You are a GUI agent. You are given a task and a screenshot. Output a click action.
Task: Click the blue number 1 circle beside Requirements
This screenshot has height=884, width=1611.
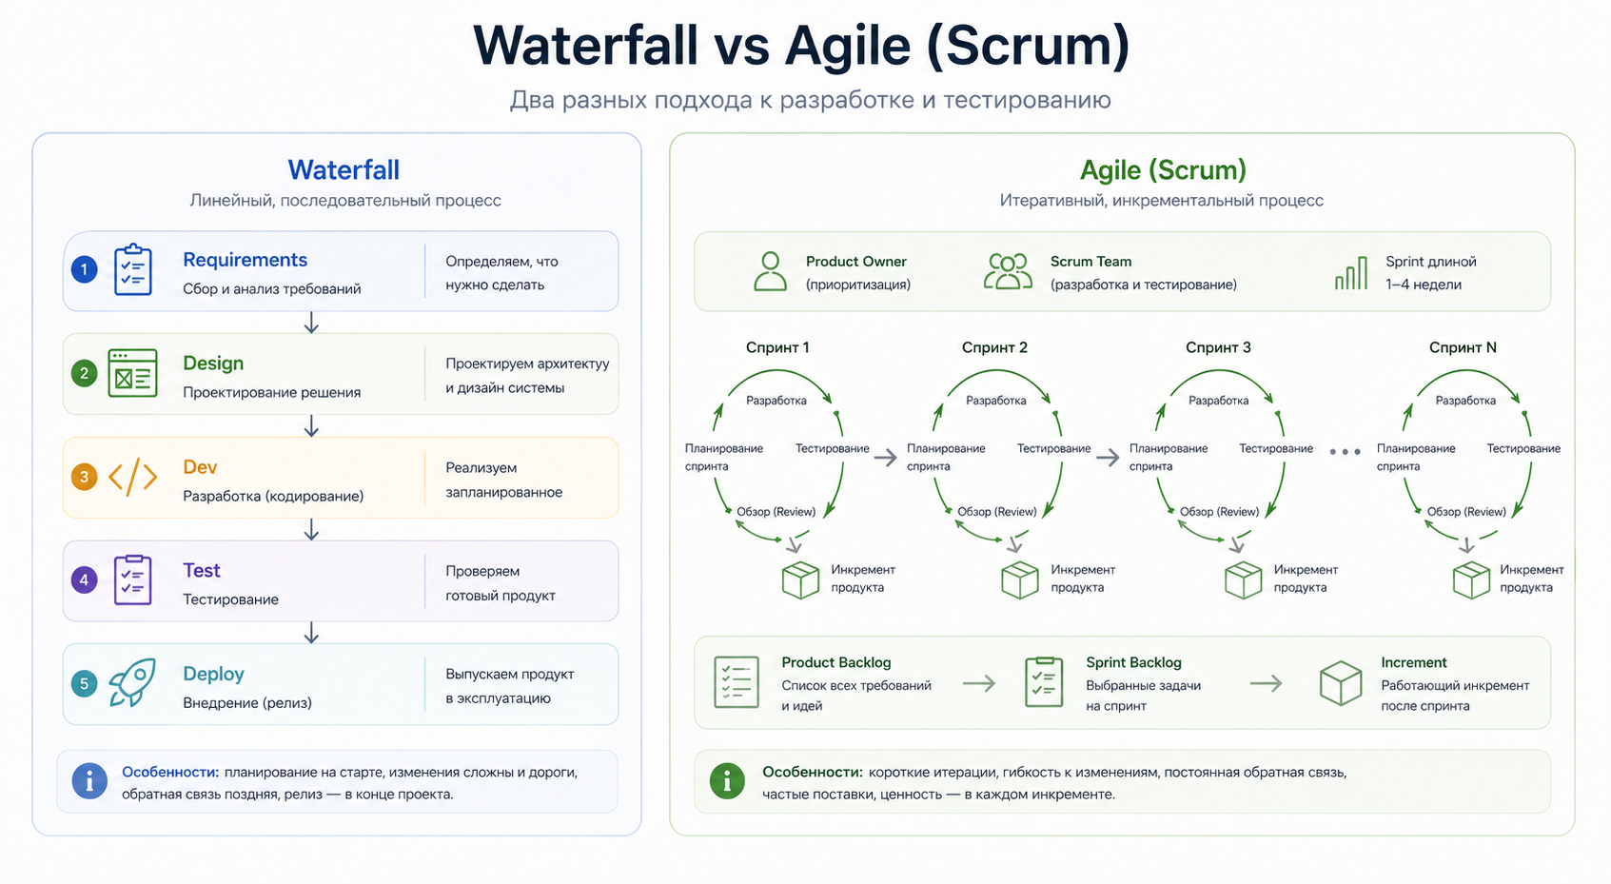coord(84,270)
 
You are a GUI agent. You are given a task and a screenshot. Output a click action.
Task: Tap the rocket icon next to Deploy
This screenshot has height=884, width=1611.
coord(132,682)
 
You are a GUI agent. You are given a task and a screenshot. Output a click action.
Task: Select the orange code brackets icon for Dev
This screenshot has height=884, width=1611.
coord(132,477)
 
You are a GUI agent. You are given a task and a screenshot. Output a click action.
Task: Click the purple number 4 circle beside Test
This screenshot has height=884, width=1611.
coord(84,580)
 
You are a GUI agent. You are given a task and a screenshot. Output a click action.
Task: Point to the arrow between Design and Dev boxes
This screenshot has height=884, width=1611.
coord(311,426)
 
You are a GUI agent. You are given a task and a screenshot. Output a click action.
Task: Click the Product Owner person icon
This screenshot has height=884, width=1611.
coord(770,271)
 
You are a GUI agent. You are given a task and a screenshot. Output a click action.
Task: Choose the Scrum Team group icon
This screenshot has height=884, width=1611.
coord(1008,271)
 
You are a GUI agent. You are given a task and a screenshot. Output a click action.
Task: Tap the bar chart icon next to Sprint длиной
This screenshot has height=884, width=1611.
coord(1351,273)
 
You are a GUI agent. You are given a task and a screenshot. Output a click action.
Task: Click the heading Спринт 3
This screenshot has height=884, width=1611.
coord(1218,347)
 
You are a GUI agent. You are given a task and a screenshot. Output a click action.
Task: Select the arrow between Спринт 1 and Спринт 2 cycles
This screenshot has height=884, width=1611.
coord(886,458)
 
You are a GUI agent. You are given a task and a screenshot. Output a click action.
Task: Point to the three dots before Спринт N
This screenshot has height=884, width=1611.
coord(1345,452)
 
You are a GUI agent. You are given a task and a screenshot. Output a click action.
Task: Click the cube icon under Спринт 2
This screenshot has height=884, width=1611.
coord(1020,580)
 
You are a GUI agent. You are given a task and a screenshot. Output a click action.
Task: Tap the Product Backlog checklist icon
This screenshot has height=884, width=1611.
coord(737,682)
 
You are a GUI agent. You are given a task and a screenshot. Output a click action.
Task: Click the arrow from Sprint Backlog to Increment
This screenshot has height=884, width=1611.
coord(1266,683)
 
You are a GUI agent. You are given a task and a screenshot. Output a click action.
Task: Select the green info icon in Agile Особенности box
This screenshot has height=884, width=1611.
coord(727,781)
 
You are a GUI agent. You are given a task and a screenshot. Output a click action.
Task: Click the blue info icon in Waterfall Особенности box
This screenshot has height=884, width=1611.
coord(89,781)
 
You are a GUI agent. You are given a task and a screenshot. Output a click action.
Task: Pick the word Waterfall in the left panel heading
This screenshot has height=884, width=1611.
coord(344,170)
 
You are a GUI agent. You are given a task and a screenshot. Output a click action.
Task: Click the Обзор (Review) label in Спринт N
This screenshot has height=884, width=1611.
coord(1465,512)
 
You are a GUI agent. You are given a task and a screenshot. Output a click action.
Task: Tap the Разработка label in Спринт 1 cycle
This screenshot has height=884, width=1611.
coord(776,401)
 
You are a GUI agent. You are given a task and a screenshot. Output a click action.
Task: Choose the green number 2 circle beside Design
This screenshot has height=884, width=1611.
coord(84,373)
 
